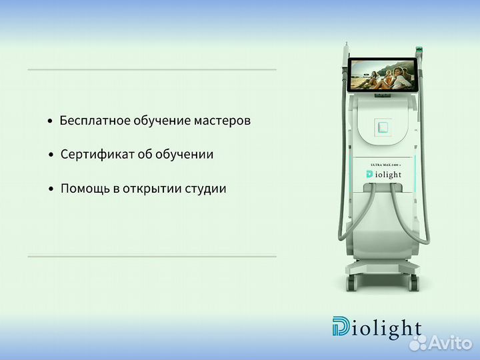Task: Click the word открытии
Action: [151, 189]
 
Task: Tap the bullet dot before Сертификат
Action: [51, 155]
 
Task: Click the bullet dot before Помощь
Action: [51, 189]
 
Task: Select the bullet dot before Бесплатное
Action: [50, 121]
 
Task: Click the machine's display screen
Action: [383, 74]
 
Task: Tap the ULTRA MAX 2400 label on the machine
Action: [383, 164]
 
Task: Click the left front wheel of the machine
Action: [351, 282]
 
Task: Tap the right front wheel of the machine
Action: [414, 282]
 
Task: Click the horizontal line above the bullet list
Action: [152, 69]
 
